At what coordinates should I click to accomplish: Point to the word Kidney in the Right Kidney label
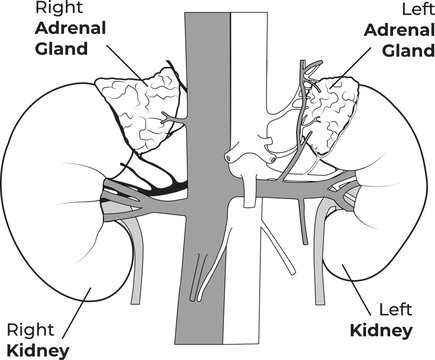pos(36,349)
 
